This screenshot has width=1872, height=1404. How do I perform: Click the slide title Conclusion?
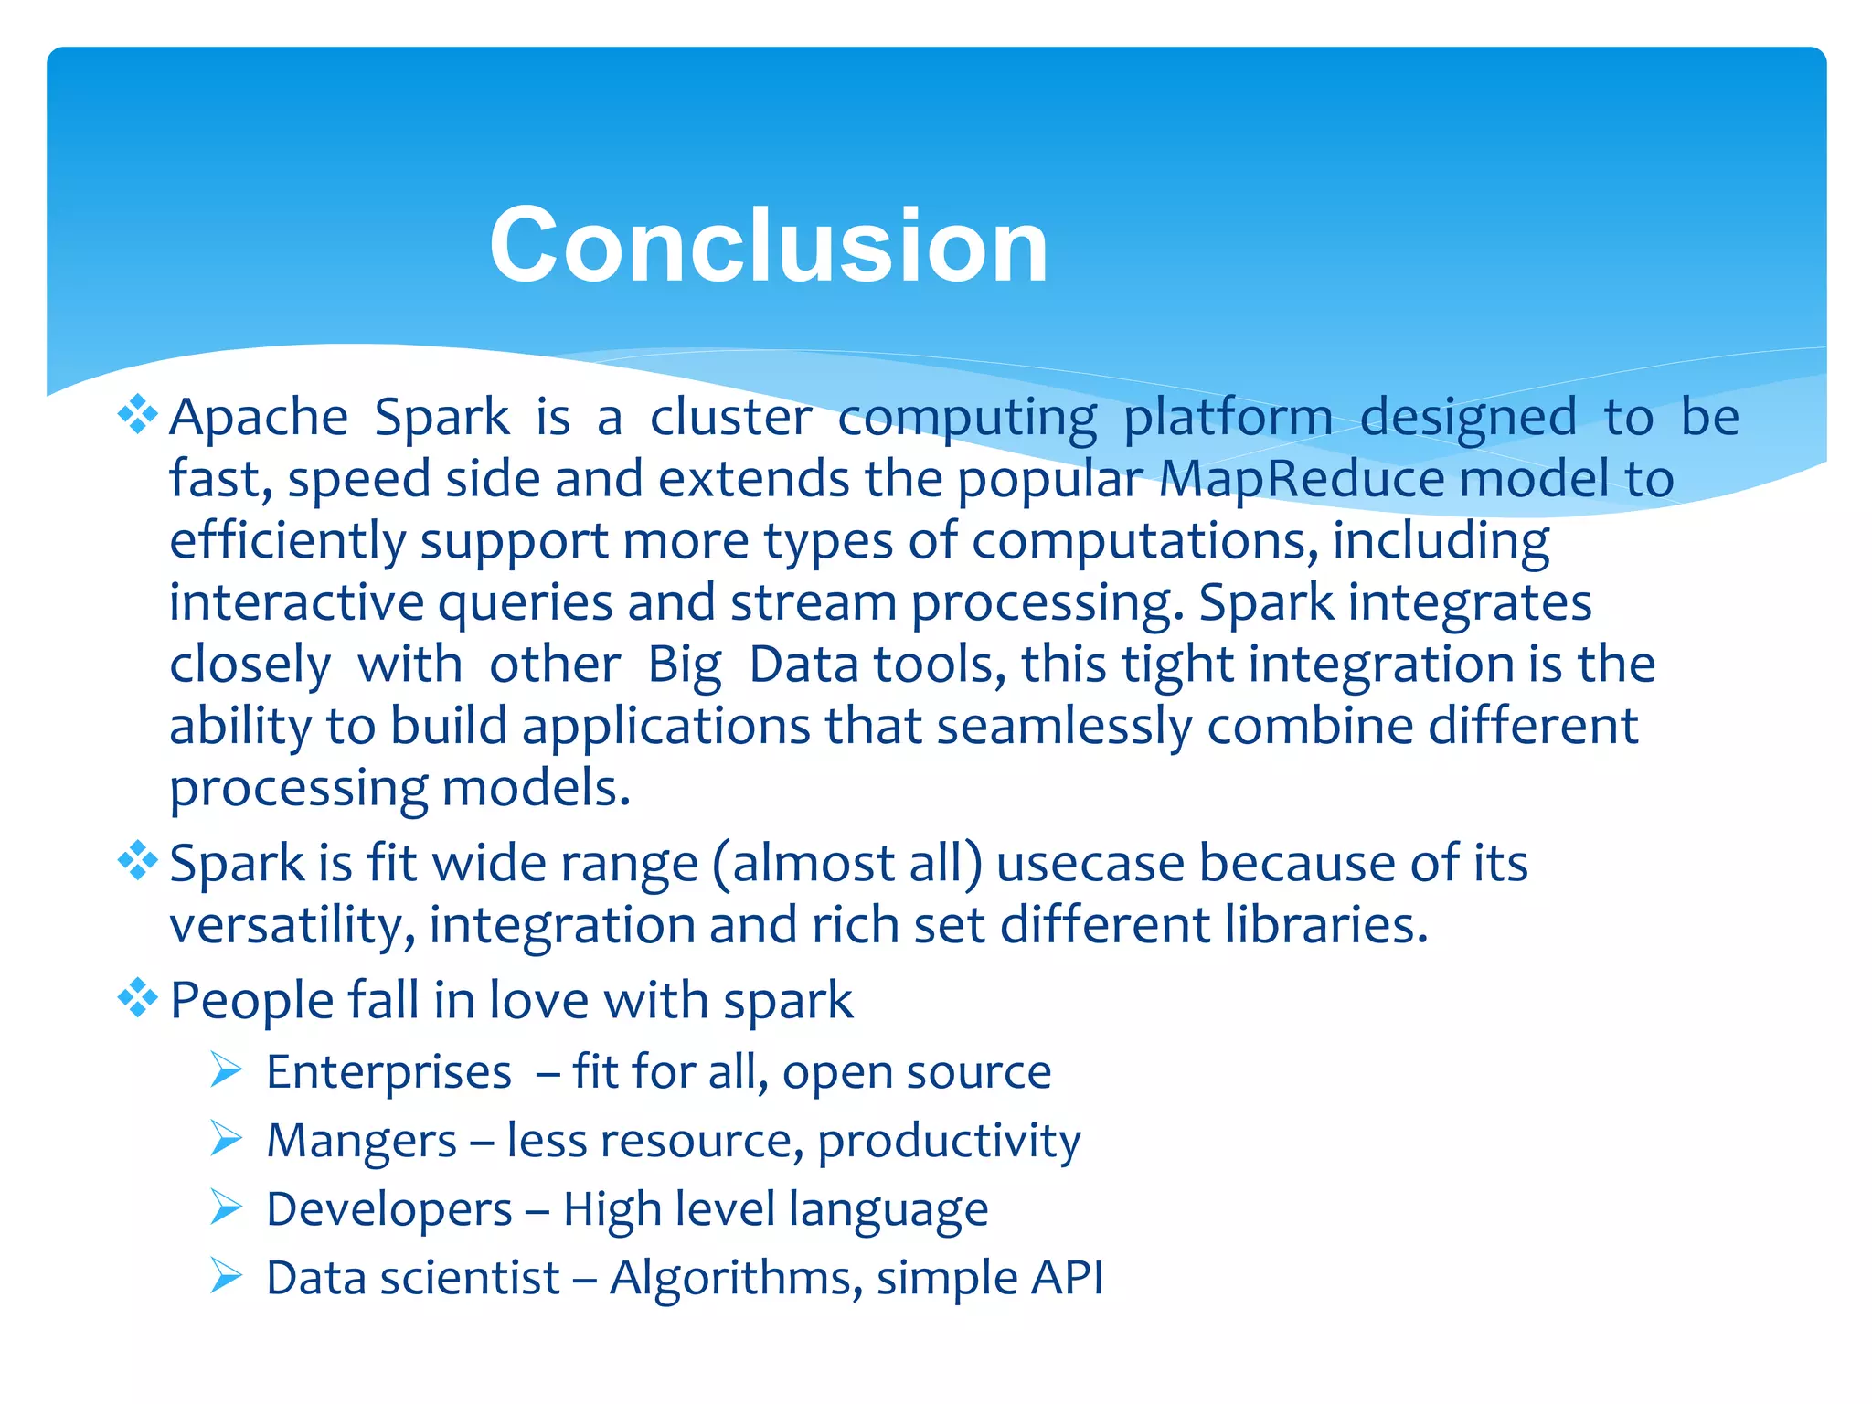pos(768,245)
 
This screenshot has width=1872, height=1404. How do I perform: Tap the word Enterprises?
pos(388,1071)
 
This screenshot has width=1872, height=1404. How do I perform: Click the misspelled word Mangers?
pos(361,1141)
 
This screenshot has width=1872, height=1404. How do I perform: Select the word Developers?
pos(388,1209)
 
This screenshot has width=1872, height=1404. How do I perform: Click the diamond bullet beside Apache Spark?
pos(137,415)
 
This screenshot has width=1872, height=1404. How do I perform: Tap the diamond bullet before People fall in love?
pos(137,997)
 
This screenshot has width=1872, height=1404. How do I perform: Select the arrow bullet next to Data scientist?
pos(225,1276)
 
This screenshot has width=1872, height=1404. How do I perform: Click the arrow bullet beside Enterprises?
pos(225,1069)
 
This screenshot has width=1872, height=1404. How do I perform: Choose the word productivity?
pos(948,1141)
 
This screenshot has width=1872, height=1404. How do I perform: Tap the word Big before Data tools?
pos(685,665)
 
